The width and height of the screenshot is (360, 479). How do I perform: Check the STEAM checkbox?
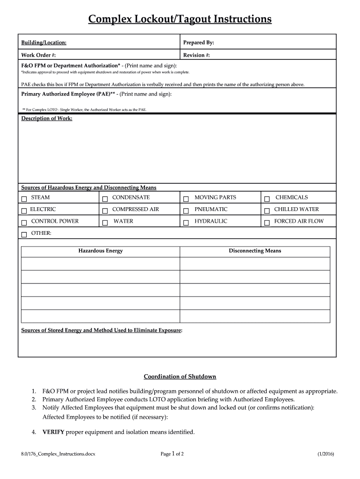click(x=24, y=199)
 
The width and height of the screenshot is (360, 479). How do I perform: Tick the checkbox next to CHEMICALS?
click(x=267, y=199)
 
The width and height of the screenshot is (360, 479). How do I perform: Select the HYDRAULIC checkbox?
click(x=186, y=223)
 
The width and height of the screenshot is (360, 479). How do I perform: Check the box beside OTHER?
click(x=24, y=234)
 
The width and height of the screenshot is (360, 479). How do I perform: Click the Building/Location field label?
click(x=43, y=43)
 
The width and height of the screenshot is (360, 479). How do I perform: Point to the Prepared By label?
click(x=199, y=43)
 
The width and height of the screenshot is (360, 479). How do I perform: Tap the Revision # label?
click(x=196, y=55)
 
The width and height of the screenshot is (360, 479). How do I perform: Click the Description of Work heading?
click(x=47, y=118)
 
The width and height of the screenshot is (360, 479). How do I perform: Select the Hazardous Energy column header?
click(x=101, y=251)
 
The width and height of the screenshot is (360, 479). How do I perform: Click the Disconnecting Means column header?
click(x=255, y=251)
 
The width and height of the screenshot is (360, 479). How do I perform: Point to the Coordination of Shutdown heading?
click(x=180, y=377)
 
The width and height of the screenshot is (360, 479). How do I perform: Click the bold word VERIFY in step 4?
click(x=53, y=432)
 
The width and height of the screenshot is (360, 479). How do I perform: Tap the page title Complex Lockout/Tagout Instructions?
click(x=180, y=19)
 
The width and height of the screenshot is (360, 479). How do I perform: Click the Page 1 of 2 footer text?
click(x=172, y=454)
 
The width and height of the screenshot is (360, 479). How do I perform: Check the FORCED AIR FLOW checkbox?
click(x=267, y=223)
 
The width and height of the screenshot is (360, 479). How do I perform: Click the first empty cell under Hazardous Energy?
click(x=101, y=264)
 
